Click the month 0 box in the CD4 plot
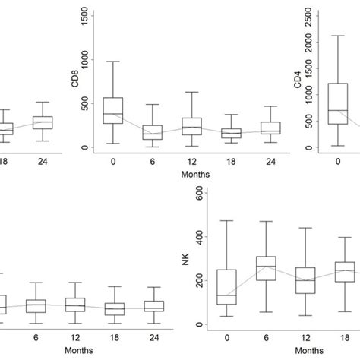[338, 103]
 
